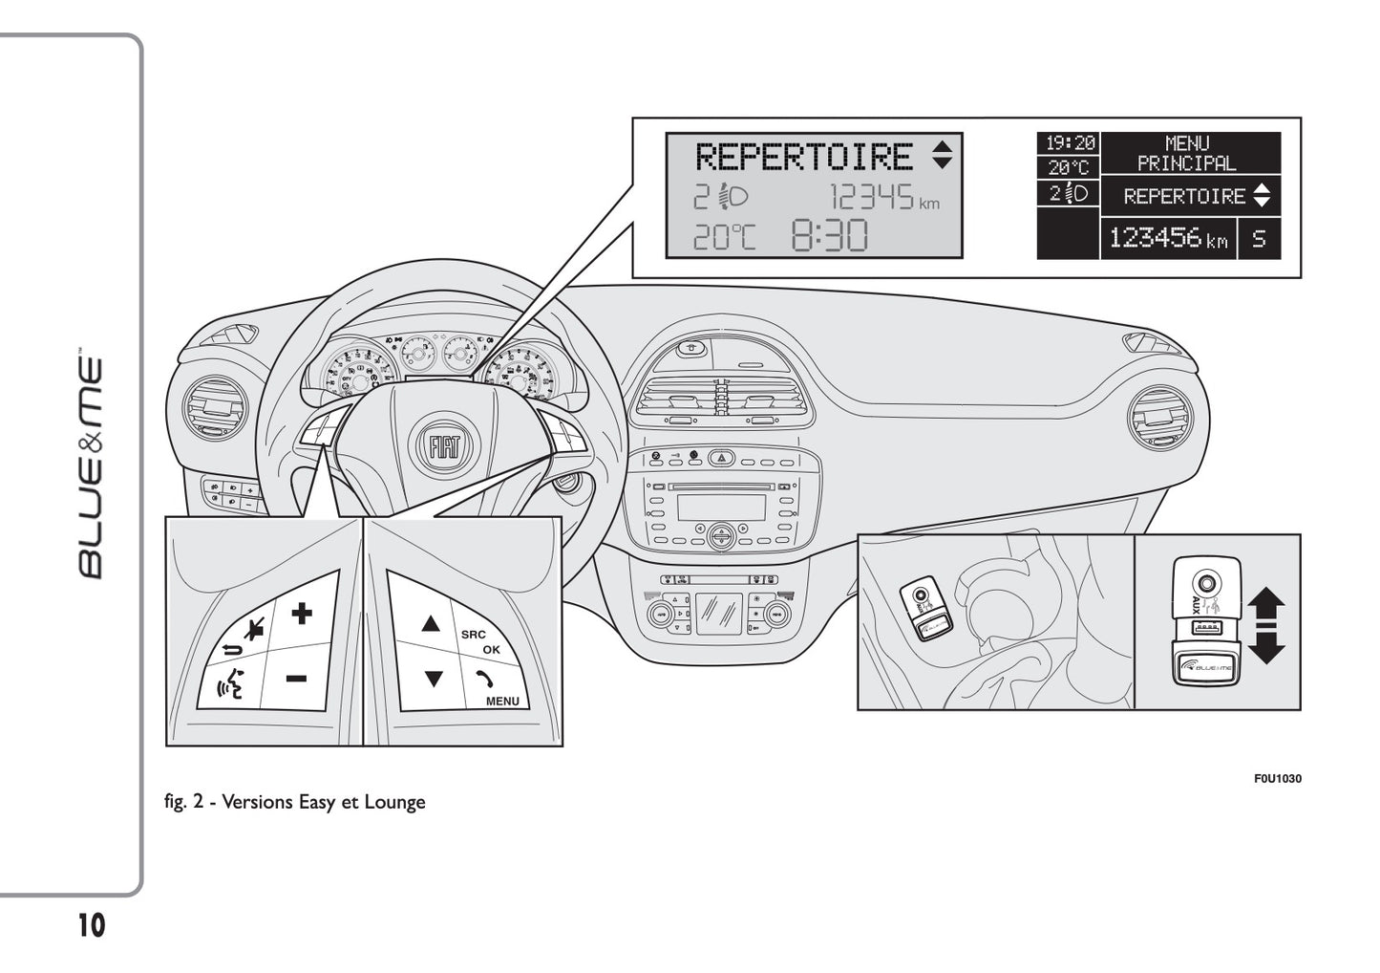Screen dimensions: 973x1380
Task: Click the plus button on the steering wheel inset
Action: click(x=302, y=613)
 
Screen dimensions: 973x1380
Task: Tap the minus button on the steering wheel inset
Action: click(x=296, y=679)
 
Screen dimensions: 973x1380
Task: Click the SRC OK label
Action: click(x=480, y=641)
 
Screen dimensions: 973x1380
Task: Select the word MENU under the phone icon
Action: click(x=502, y=701)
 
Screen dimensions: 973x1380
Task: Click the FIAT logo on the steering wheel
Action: click(x=440, y=447)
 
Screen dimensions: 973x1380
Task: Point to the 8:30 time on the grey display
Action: click(x=829, y=235)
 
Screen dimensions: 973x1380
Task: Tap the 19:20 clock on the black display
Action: click(x=1069, y=143)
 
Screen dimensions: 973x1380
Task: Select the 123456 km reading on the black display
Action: click(x=1168, y=238)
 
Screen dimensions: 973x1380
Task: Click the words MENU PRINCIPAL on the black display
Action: click(x=1187, y=154)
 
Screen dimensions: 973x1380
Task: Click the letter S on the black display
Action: click(x=1259, y=239)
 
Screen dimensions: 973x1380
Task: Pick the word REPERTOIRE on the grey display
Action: click(x=803, y=157)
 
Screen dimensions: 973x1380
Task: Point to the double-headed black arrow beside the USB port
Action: click(x=1266, y=626)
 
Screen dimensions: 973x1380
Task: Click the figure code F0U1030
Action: click(x=1277, y=779)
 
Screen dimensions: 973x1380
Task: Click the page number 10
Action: click(x=92, y=926)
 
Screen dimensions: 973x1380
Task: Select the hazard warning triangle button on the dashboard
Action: click(x=721, y=459)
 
